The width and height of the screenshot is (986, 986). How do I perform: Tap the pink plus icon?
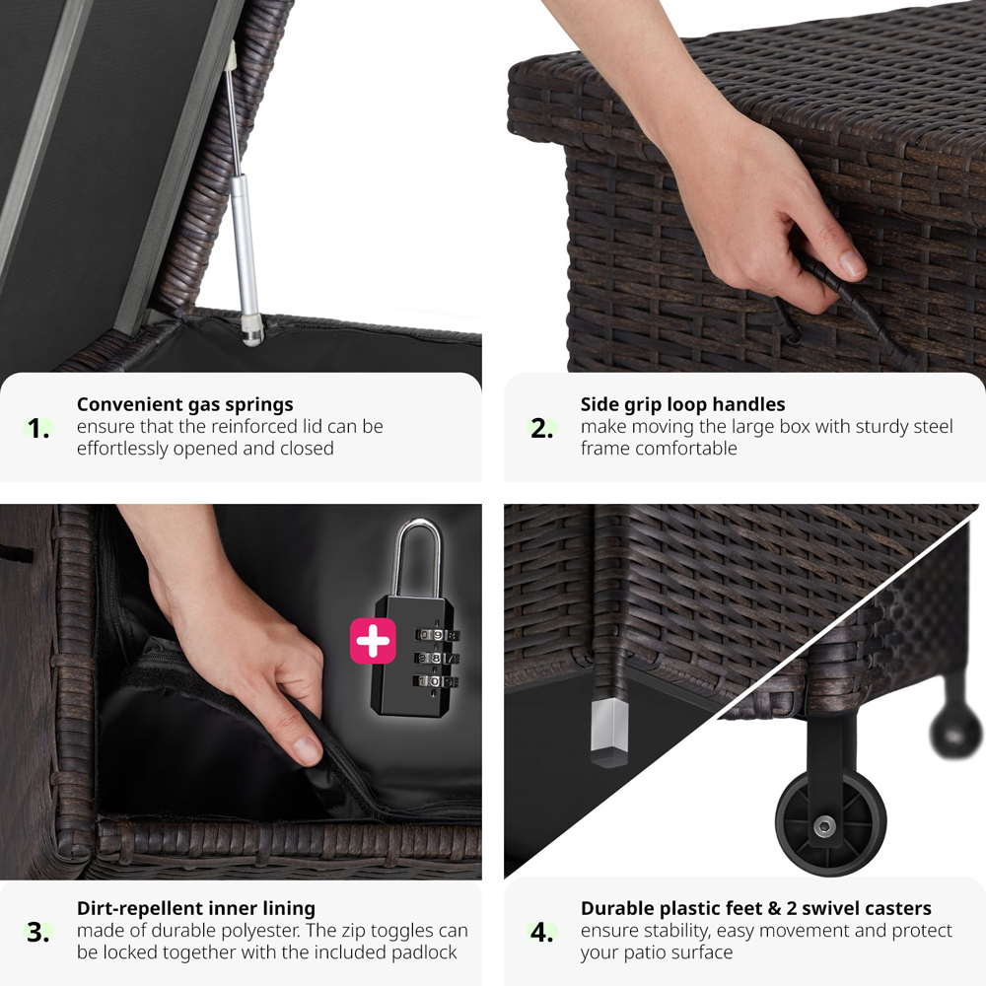point(373,641)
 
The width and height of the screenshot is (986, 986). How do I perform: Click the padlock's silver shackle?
point(417,557)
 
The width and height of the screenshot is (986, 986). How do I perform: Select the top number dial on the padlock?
point(437,635)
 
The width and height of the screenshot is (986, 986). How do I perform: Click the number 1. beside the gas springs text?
point(39,428)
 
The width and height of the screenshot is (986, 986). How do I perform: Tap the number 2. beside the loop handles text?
point(542,428)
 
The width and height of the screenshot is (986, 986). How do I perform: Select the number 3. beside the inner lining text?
point(39,932)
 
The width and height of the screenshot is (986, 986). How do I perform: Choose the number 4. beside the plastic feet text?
point(542,932)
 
